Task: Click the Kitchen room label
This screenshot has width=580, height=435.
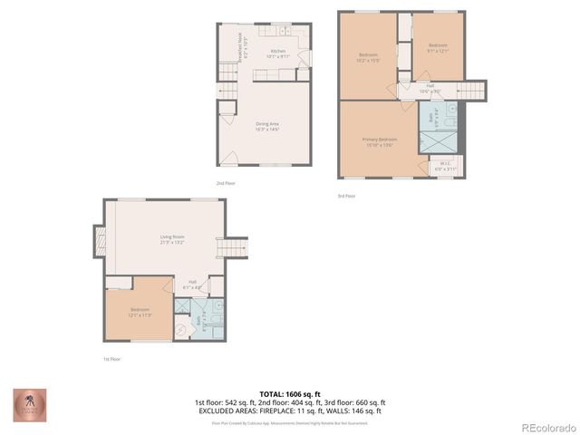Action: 277,54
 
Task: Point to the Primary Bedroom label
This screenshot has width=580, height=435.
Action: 380,141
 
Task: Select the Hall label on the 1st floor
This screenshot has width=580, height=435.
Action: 193,284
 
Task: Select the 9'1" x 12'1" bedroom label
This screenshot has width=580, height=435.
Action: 438,47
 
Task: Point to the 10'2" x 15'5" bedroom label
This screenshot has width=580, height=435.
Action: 368,59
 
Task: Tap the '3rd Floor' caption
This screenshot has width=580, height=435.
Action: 346,196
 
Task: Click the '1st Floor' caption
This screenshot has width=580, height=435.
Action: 111,359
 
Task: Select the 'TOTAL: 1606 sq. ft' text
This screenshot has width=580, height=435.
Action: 289,393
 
